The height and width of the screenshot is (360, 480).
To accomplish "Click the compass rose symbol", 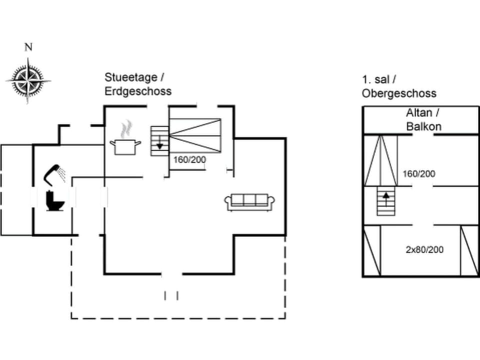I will coord(28,80).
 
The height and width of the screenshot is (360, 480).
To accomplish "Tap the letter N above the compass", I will coord(28,47).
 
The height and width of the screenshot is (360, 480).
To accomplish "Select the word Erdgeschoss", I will coord(138,91).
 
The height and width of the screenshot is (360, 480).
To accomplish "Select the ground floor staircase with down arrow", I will coord(159,141).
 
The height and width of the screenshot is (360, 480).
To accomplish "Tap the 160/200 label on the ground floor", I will coord(189,160).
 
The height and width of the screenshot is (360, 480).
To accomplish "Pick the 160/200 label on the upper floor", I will coord(419,174).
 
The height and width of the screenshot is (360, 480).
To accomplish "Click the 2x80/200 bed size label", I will coord(424,249).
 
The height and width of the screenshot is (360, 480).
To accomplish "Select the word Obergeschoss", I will coord(399,93).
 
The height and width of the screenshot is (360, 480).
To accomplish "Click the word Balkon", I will coord(424,126).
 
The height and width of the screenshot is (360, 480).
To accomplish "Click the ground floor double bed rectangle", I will coord(195,135).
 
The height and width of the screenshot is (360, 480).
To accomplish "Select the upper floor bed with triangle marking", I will coord(380,160).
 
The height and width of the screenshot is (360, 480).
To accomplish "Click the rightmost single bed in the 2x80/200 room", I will coord(469,250).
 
